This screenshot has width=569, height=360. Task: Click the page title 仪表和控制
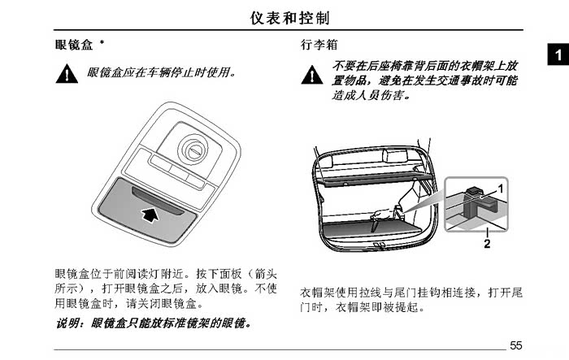pyautogui.click(x=289, y=18)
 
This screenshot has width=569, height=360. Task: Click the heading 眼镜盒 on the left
pyautogui.click(x=74, y=45)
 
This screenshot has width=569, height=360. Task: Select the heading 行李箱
pyautogui.click(x=319, y=45)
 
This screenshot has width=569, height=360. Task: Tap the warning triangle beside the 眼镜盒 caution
pyautogui.click(x=67, y=74)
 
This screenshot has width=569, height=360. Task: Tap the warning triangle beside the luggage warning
pyautogui.click(x=312, y=75)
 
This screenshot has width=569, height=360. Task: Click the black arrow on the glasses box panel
pyautogui.click(x=150, y=214)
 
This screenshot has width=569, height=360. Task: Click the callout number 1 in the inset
pyautogui.click(x=501, y=189)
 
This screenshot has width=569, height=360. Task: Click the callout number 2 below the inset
pyautogui.click(x=487, y=244)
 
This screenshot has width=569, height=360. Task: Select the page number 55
pyautogui.click(x=516, y=345)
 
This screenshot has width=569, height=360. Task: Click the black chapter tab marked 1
pyautogui.click(x=558, y=54)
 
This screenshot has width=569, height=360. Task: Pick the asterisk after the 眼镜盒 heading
pyautogui.click(x=102, y=42)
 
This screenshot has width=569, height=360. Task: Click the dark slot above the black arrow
pyautogui.click(x=157, y=201)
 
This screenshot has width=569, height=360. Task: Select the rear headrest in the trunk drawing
pyautogui.click(x=394, y=155)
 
